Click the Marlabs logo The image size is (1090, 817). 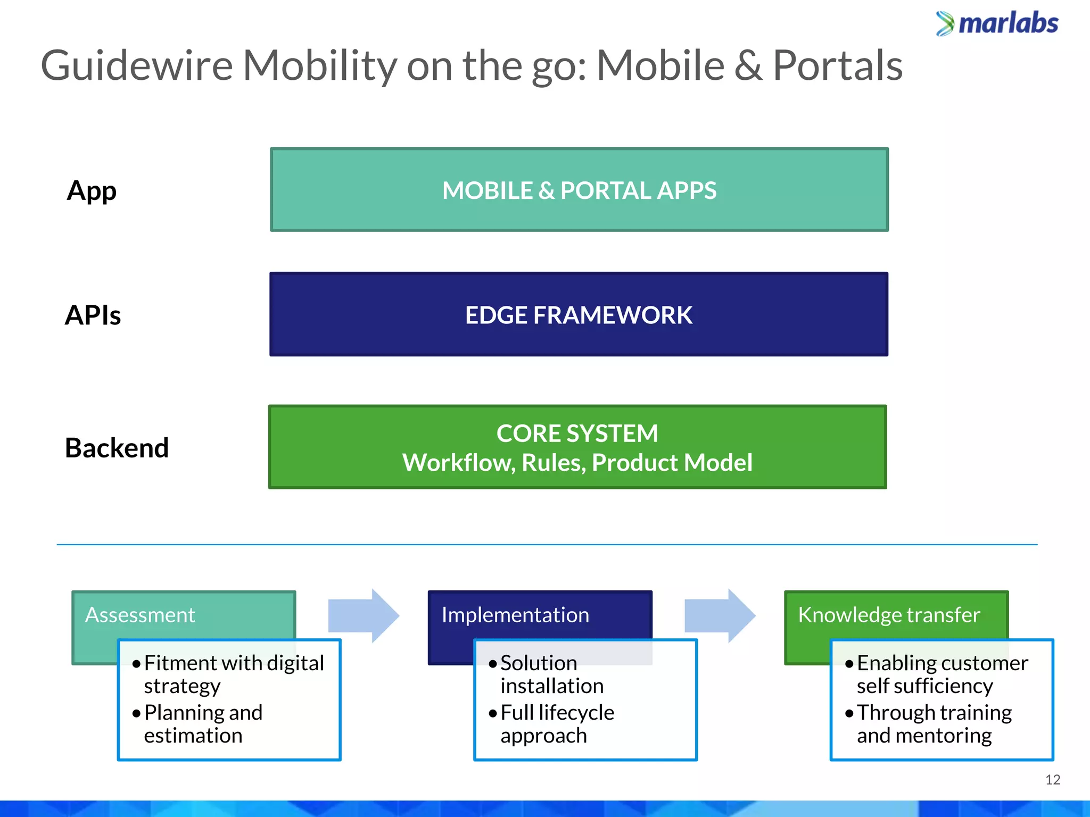click(x=997, y=24)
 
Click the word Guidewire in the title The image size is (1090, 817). click(x=137, y=66)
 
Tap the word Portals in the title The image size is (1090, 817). click(x=837, y=66)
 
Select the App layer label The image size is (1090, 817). click(x=92, y=191)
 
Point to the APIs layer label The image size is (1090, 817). click(x=93, y=315)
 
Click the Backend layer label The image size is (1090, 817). click(x=117, y=447)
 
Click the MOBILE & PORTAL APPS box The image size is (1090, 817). click(x=579, y=190)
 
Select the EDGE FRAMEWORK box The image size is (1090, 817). click(x=579, y=315)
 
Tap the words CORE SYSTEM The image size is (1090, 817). click(x=577, y=433)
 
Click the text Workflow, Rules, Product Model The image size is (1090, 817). click(x=577, y=463)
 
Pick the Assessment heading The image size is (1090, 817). click(x=140, y=615)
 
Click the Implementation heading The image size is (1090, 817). click(x=515, y=615)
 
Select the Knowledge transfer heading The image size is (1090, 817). click(x=889, y=615)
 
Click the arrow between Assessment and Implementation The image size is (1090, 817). click(x=364, y=615)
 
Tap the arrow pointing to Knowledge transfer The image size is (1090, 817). click(x=720, y=615)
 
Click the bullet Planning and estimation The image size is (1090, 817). click(x=203, y=724)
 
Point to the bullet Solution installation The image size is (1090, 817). click(x=551, y=674)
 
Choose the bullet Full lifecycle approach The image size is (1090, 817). click(x=557, y=724)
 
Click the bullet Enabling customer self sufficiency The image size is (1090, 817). click(x=942, y=674)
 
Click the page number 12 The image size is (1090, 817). click(x=1052, y=780)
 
